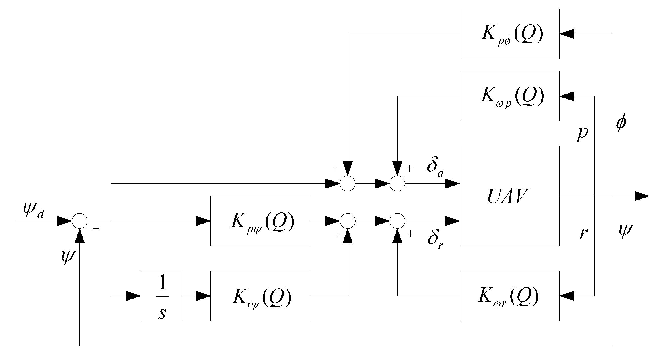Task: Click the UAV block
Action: tap(509, 196)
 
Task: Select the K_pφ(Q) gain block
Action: tap(509, 34)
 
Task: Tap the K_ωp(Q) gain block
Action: tap(509, 96)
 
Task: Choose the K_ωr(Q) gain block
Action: tap(509, 296)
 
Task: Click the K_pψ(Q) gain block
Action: tap(260, 221)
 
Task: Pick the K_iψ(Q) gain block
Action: tap(260, 296)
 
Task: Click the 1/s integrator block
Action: tap(161, 296)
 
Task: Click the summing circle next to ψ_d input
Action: tap(79, 221)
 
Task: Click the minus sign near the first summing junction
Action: tap(97, 229)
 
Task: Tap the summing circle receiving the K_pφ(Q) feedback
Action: tap(348, 184)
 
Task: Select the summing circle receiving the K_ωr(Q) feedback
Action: tap(397, 221)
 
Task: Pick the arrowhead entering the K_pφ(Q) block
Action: tap(567, 34)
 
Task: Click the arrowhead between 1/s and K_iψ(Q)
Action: tap(203, 296)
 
